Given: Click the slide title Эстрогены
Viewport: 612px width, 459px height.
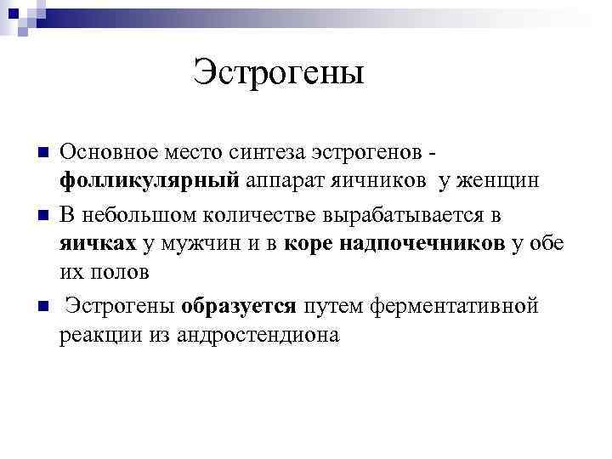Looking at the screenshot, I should click(279, 71).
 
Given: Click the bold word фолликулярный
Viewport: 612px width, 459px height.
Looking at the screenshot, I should click(149, 181).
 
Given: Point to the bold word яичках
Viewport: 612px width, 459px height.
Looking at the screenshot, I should click(98, 244).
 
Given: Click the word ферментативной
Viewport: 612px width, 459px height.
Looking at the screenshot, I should click(433, 304).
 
